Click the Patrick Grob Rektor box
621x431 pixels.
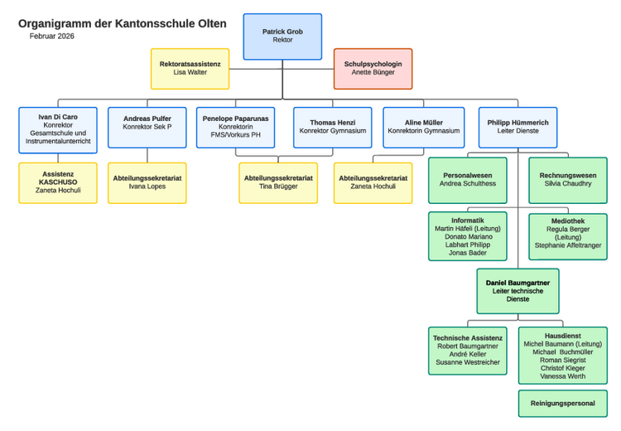tap(282, 36)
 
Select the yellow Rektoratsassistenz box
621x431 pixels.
tap(190, 69)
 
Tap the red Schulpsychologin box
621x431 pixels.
tap(373, 69)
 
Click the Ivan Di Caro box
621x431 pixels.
tap(58, 130)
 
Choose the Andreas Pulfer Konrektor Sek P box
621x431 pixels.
tap(147, 127)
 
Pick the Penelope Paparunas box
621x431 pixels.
tap(236, 127)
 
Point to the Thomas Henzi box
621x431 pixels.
tap(332, 127)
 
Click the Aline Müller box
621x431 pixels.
tap(423, 127)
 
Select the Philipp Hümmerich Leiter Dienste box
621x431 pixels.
tap(517, 127)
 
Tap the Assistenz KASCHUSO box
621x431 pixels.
tap(58, 182)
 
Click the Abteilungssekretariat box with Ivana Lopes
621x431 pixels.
tap(147, 182)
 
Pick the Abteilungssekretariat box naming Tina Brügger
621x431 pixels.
tap(278, 182)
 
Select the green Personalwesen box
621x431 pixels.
tap(467, 180)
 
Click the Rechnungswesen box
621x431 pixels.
tap(567, 180)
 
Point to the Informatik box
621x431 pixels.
tap(467, 236)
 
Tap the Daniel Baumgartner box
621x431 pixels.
tap(517, 291)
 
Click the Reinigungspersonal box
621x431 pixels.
tap(562, 404)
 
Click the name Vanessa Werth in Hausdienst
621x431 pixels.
tap(562, 376)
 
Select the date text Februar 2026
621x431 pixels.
tap(51, 36)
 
